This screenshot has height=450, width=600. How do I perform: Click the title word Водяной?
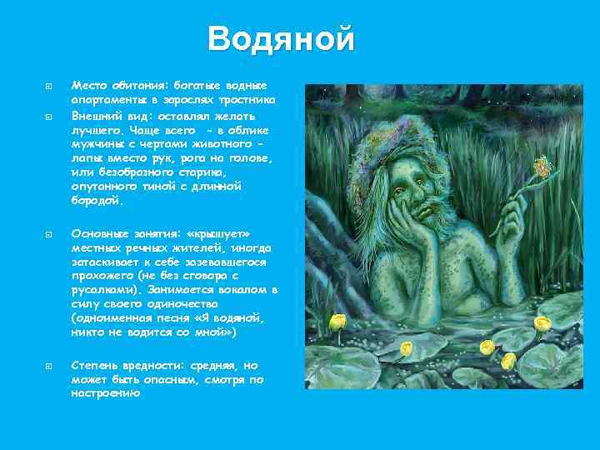click(x=281, y=39)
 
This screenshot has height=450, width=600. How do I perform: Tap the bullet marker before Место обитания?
click(x=49, y=86)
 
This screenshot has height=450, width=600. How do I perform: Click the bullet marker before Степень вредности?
click(x=49, y=365)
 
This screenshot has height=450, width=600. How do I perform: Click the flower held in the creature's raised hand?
click(x=542, y=170)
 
